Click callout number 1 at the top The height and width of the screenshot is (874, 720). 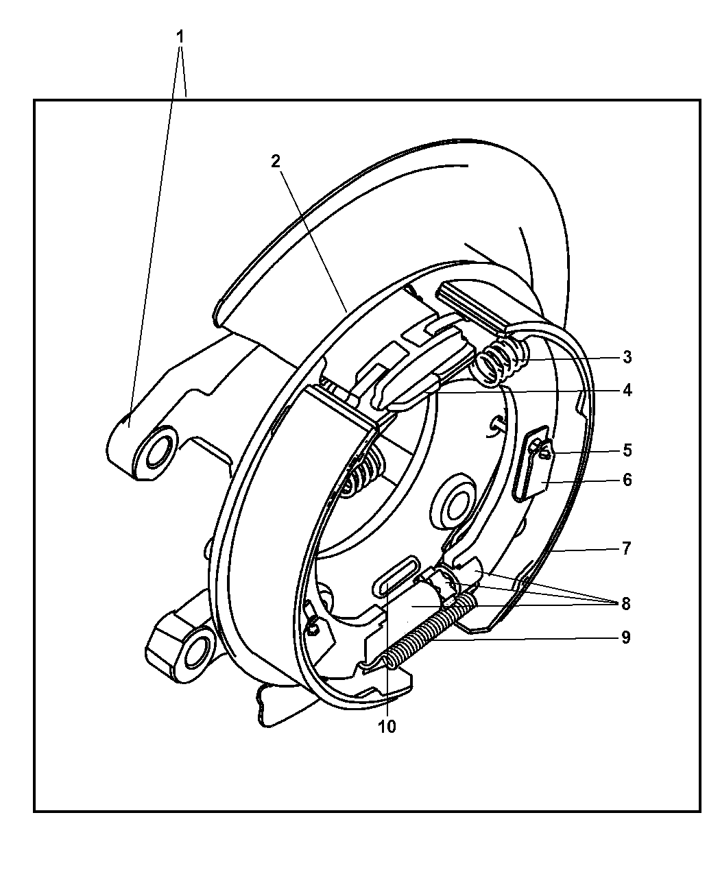[x=180, y=37]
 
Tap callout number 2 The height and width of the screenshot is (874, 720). [x=275, y=161]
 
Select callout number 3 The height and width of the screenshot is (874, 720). [x=627, y=357]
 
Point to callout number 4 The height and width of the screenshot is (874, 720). [x=627, y=391]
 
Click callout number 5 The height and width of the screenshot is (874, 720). [x=627, y=451]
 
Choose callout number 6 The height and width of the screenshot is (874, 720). [x=627, y=480]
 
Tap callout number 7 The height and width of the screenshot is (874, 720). [x=627, y=549]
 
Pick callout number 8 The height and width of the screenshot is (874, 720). [x=626, y=604]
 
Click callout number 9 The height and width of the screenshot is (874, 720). [x=626, y=638]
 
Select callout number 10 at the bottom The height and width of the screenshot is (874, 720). [x=387, y=727]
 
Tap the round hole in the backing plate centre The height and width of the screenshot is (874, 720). [x=453, y=506]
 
